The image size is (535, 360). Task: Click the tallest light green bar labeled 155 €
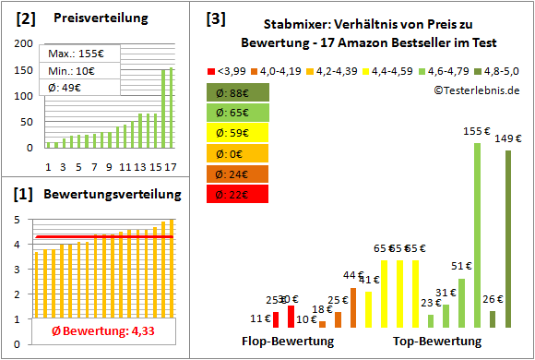click(x=477, y=235)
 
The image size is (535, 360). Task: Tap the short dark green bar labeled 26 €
click(x=493, y=319)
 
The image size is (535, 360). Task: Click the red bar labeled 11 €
click(x=276, y=320)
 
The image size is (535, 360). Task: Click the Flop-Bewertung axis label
click(x=288, y=341)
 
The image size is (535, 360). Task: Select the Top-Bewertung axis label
click(x=437, y=341)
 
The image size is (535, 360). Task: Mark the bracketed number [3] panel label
click(x=215, y=18)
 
